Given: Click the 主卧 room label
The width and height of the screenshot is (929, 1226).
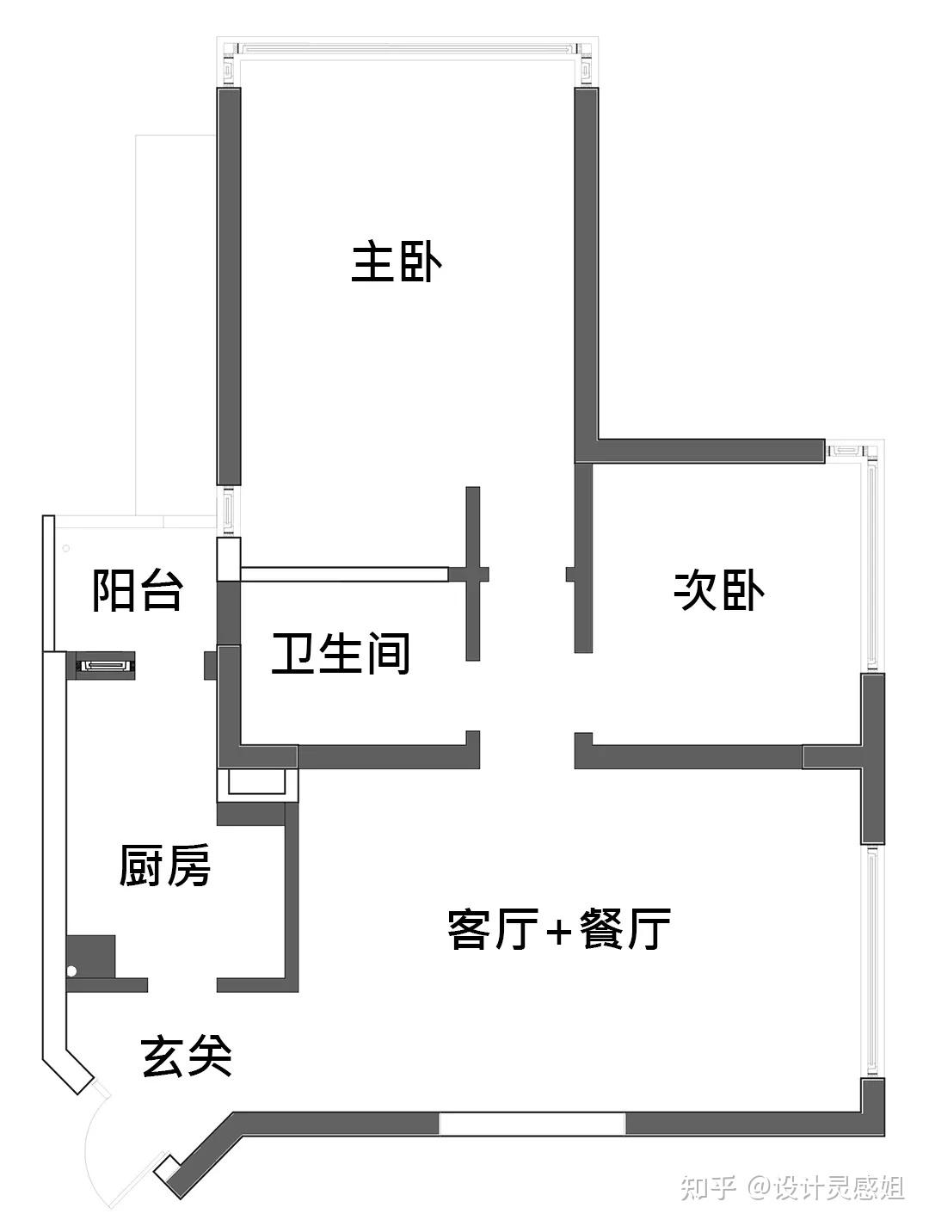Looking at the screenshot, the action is coord(397,263).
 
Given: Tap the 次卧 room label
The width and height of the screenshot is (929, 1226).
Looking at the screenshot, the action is coord(719,590).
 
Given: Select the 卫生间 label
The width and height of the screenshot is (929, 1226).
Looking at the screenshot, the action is coord(341,654).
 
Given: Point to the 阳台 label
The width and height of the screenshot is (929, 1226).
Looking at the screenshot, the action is coord(138,590).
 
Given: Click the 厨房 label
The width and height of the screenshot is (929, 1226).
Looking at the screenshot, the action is coord(164,866).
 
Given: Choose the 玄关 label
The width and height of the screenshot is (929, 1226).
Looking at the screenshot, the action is coord(186,1056).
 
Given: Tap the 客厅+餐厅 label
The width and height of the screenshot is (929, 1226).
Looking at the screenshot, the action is coord(559,929).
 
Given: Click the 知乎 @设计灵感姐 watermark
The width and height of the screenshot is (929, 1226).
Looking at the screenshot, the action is coord(791,1188).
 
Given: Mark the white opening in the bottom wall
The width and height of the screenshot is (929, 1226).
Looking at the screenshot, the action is coord(532,1123).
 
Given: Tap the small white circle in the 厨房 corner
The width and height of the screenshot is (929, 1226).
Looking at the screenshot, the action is coord(72,971).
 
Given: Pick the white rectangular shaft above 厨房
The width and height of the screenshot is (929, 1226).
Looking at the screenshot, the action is coord(256,784).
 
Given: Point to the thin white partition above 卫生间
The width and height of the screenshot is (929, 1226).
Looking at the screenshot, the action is coord(344,573).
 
